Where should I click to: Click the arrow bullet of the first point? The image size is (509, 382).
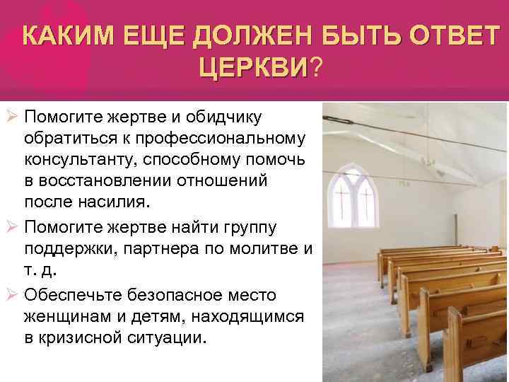point(11,115)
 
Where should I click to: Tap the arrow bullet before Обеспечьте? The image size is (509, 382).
point(11,294)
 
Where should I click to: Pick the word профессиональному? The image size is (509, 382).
point(223,137)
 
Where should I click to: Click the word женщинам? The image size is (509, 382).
point(70,316)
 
